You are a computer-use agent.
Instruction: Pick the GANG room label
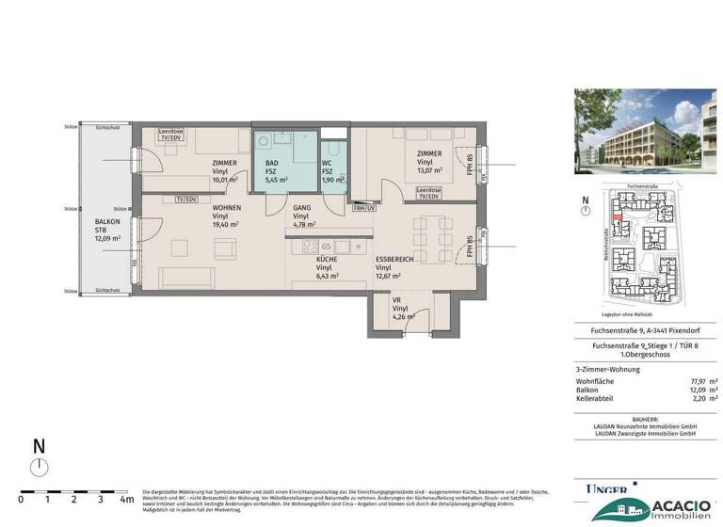[x=301, y=207]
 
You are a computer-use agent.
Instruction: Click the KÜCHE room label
[x=327, y=259]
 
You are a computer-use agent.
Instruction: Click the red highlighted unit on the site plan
[x=617, y=217]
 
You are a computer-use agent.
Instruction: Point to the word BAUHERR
[x=646, y=418]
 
